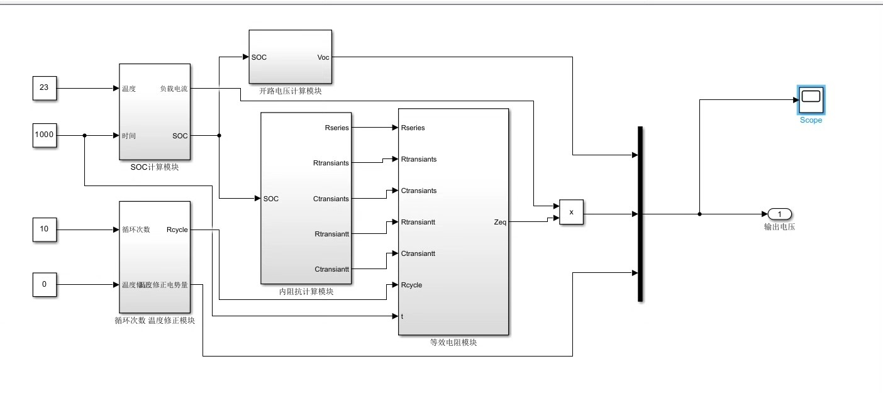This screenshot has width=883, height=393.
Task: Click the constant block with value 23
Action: tap(44, 88)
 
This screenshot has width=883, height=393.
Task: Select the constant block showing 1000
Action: tap(44, 135)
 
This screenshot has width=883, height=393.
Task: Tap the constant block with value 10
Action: tap(44, 229)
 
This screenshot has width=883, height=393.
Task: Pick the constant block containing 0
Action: tap(44, 284)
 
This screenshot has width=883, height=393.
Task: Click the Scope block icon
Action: tap(811, 98)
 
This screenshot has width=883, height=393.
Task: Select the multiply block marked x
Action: tap(571, 213)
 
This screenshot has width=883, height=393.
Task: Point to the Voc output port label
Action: tap(323, 57)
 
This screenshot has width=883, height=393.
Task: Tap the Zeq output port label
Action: tap(500, 222)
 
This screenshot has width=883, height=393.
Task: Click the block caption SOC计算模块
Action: tap(154, 167)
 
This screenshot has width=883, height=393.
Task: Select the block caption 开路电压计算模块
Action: tap(291, 91)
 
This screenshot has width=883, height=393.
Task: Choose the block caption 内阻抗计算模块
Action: tap(306, 292)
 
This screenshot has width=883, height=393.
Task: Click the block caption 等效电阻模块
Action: tap(453, 343)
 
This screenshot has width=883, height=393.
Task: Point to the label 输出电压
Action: tap(779, 227)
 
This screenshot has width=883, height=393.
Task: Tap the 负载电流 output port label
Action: tap(174, 89)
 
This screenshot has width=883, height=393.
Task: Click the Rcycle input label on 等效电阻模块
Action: tap(411, 285)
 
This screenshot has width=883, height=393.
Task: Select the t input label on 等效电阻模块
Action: tap(403, 316)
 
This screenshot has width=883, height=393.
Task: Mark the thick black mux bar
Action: tap(640, 214)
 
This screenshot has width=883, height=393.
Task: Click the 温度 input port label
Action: tap(129, 89)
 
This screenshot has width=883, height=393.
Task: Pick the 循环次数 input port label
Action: tap(136, 230)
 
